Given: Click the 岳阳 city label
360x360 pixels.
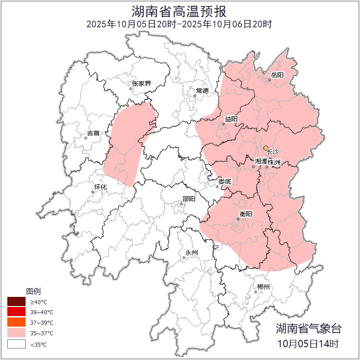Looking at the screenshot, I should click(277, 75).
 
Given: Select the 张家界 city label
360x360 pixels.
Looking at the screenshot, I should click(141, 84).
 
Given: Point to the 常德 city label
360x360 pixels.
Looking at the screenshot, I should click(202, 91).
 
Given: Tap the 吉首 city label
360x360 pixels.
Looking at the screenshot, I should click(93, 133).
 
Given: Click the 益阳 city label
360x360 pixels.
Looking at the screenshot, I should click(231, 119).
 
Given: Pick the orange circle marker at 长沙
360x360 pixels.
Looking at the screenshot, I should click(266, 148).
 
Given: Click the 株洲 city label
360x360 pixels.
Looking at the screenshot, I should click(274, 162).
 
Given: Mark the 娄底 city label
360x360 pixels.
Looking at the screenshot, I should click(225, 182).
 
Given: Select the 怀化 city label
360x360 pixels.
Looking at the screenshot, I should click(100, 187).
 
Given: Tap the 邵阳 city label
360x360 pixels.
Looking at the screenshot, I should click(189, 199).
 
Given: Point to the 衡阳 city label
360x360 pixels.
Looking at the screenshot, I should click(246, 214).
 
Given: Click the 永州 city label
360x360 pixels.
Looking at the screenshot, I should click(191, 253).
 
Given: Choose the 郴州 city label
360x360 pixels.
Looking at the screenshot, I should click(263, 287).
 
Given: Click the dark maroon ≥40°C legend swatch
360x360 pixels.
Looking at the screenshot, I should click(16, 302).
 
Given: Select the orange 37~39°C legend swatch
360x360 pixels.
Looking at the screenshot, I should click(16, 322).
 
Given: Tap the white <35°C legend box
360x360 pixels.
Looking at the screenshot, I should click(16, 344).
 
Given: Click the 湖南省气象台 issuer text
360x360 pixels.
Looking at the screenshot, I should click(308, 328).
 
